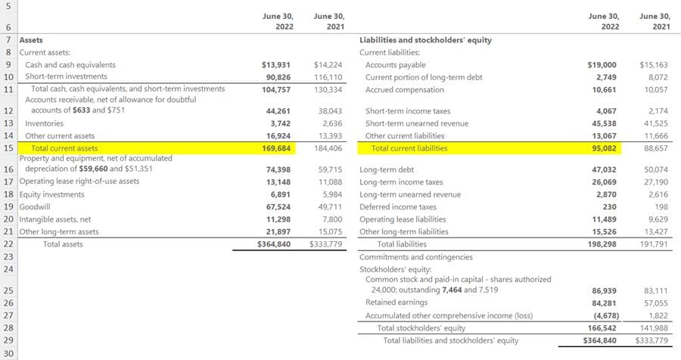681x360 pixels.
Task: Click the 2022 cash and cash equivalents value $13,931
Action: pyautogui.click(x=275, y=65)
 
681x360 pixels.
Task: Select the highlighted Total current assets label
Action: pyautogui.click(x=64, y=148)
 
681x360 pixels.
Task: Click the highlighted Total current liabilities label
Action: pyautogui.click(x=409, y=148)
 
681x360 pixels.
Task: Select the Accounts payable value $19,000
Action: pyautogui.click(x=602, y=65)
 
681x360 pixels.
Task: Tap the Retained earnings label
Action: pyautogui.click(x=396, y=303)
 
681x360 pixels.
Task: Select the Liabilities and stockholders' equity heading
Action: pyautogui.click(x=425, y=40)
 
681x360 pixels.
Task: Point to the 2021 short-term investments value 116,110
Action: pyautogui.click(x=328, y=77)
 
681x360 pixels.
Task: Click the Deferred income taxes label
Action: pyautogui.click(x=397, y=206)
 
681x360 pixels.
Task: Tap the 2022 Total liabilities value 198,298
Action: pyautogui.click(x=603, y=244)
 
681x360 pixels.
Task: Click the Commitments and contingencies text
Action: pyautogui.click(x=415, y=257)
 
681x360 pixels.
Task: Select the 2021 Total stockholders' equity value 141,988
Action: pyautogui.click(x=655, y=328)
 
